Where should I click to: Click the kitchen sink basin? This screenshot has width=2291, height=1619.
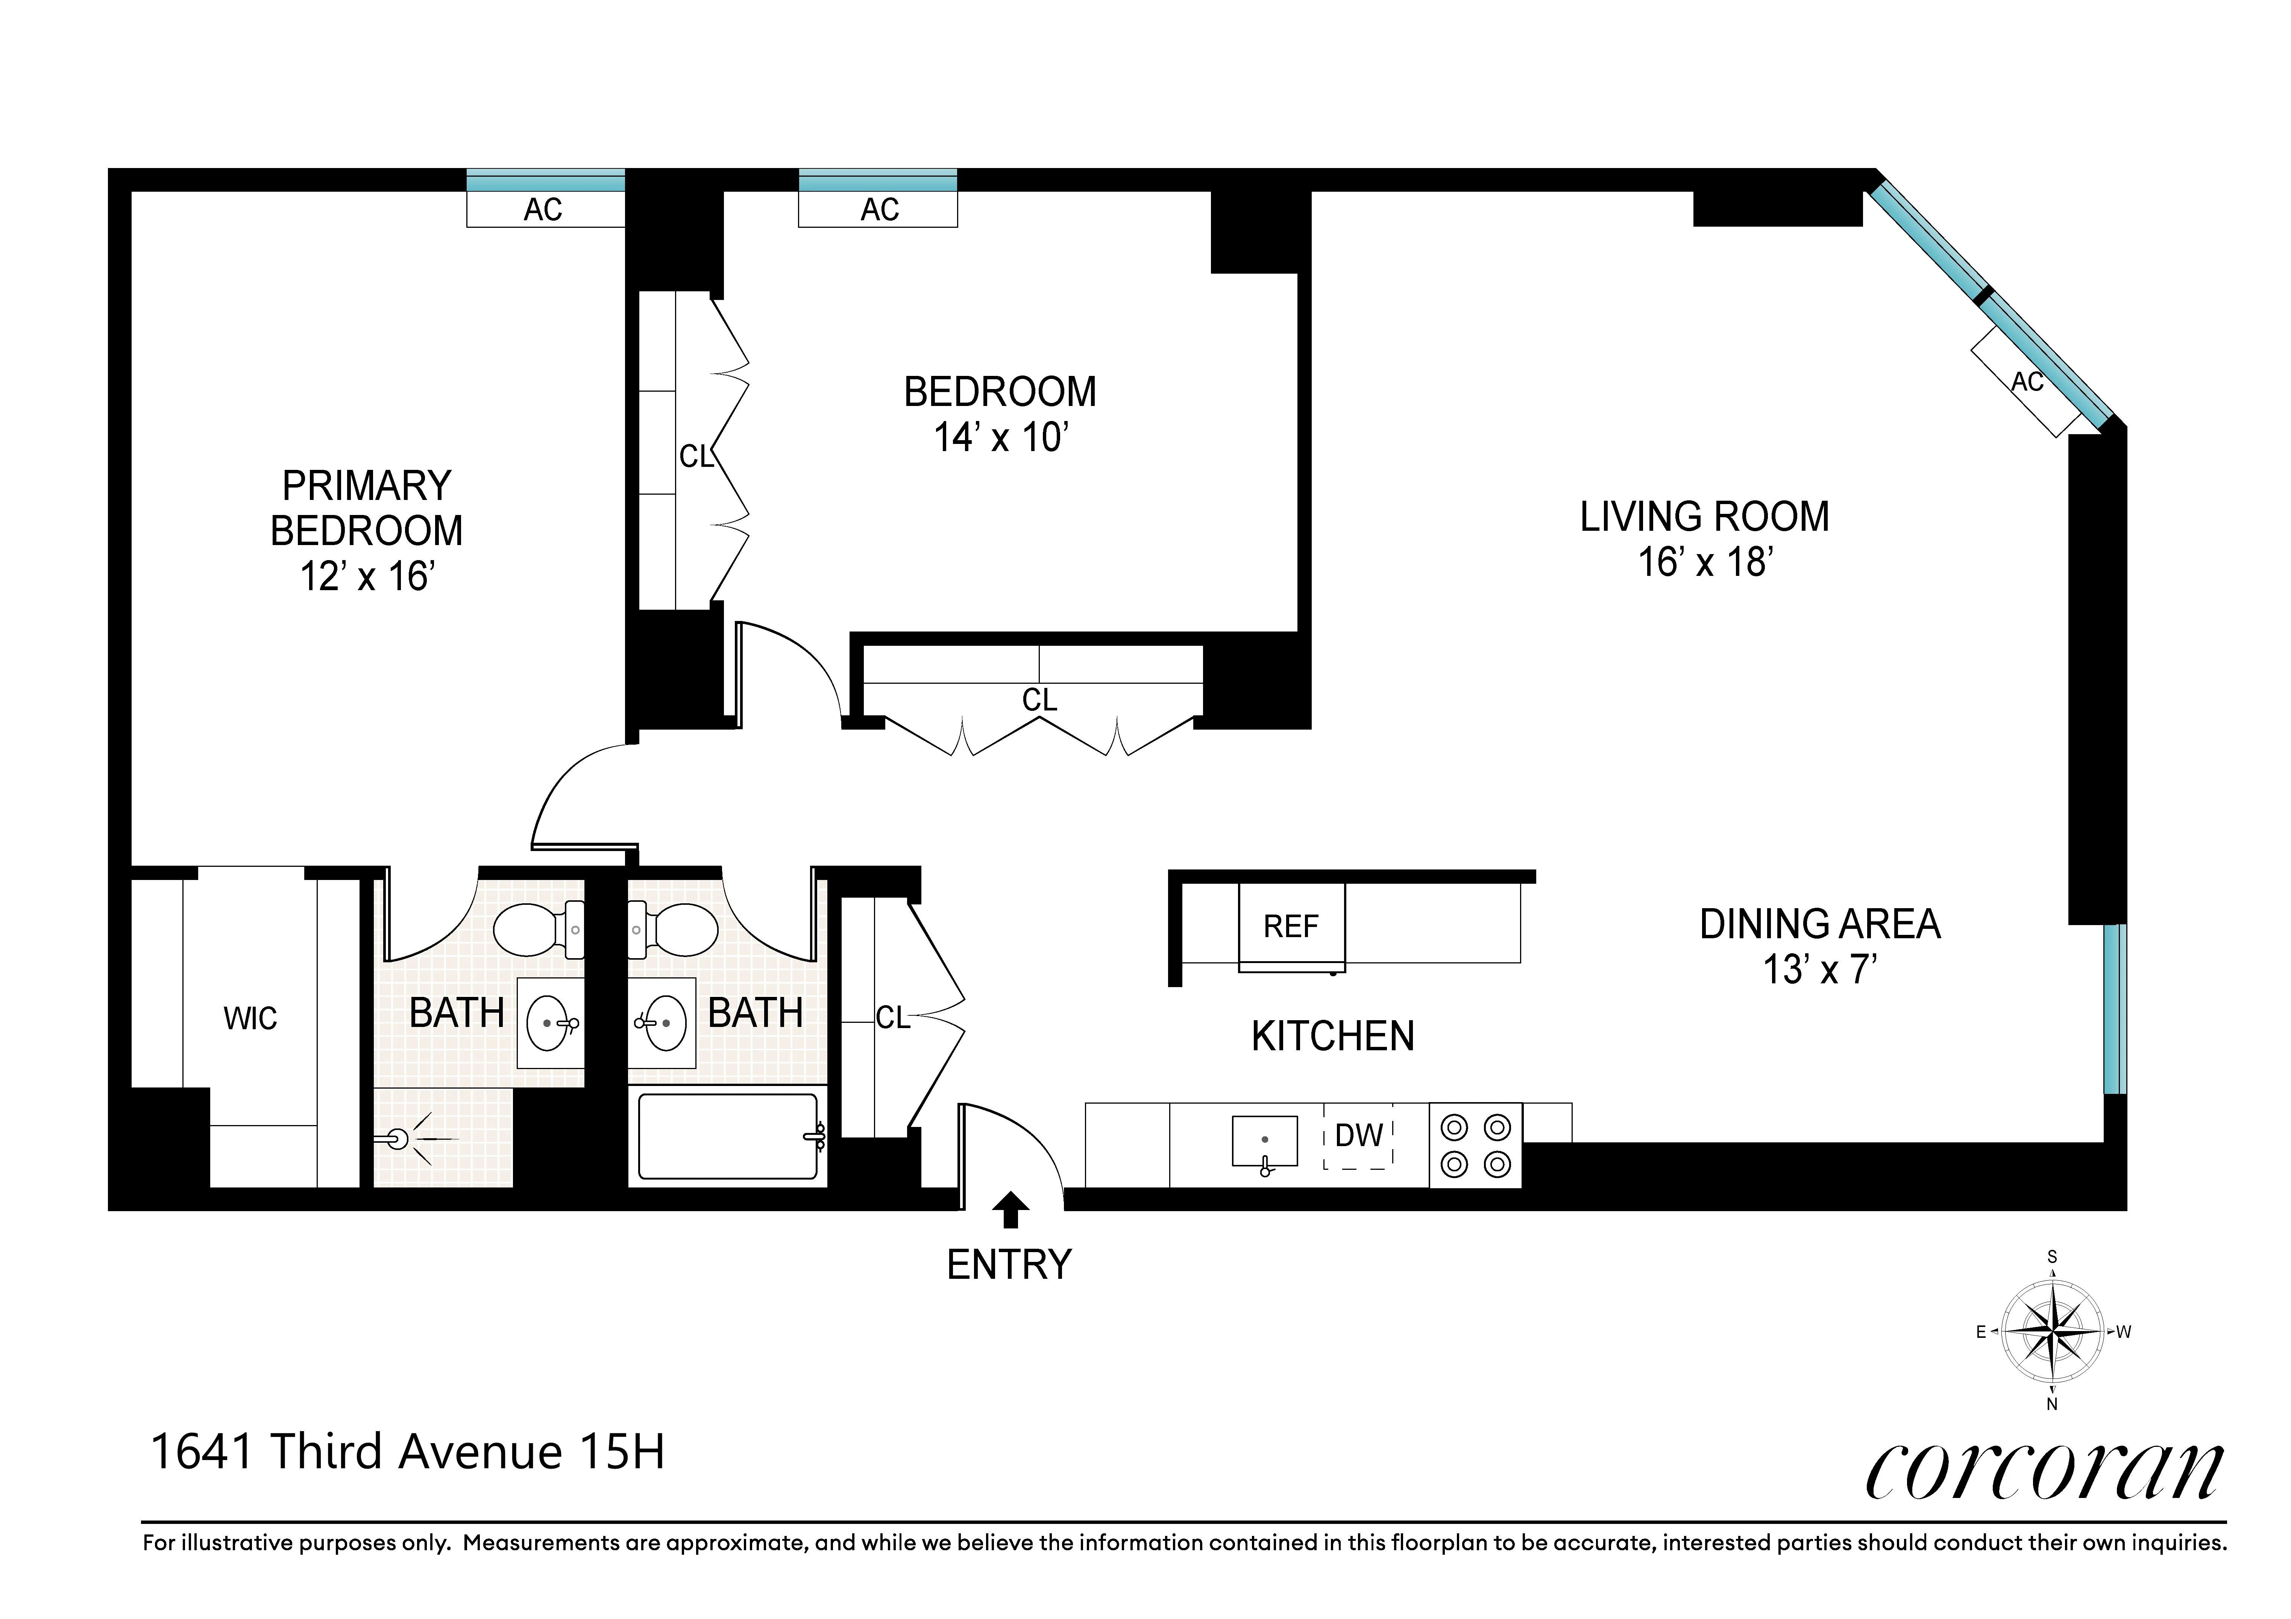click(x=1264, y=1140)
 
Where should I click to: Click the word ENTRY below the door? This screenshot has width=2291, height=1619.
click(x=1009, y=1265)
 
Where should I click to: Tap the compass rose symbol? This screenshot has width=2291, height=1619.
click(x=2053, y=1331)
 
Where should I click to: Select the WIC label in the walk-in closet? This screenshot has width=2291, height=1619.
click(x=250, y=1018)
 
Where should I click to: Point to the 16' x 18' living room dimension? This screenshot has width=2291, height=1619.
click(x=1704, y=563)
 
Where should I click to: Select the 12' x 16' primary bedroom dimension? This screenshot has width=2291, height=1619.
click(x=367, y=577)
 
